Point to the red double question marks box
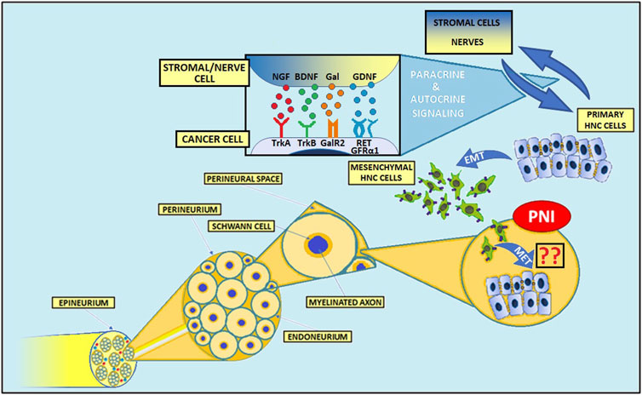click(547, 257)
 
